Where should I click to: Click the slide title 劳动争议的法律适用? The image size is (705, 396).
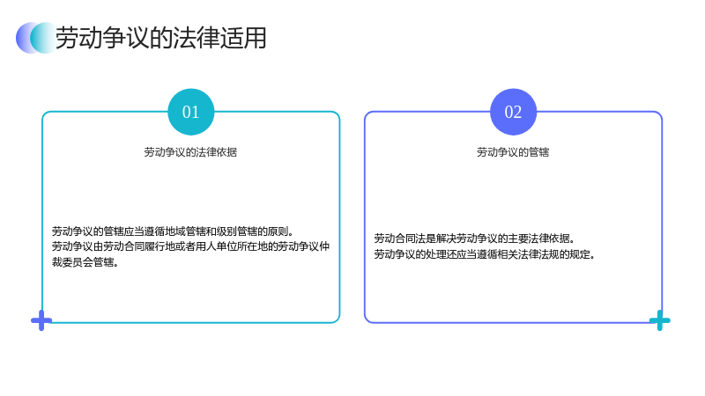[x=161, y=38]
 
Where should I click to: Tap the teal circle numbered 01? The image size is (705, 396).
[x=190, y=112]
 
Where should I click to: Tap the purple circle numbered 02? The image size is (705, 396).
[x=513, y=112]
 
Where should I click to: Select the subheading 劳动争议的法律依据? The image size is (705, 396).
[x=190, y=152]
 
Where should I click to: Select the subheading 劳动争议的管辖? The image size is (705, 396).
[x=513, y=152]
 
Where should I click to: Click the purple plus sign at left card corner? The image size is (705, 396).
[x=41, y=320]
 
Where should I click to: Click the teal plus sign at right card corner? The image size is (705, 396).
[x=659, y=320]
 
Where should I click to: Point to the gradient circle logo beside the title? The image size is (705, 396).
[x=36, y=38]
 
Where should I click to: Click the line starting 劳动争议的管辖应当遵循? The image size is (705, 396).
[x=173, y=231]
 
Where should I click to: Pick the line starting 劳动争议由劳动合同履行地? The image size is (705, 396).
[x=190, y=246]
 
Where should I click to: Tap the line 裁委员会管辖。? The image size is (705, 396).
[x=85, y=262]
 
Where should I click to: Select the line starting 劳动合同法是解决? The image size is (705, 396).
[x=474, y=238]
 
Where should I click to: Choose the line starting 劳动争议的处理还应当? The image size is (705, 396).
[x=485, y=254]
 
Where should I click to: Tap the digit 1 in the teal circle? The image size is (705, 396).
[x=195, y=112]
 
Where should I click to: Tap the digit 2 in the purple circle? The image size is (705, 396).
[x=517, y=112]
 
